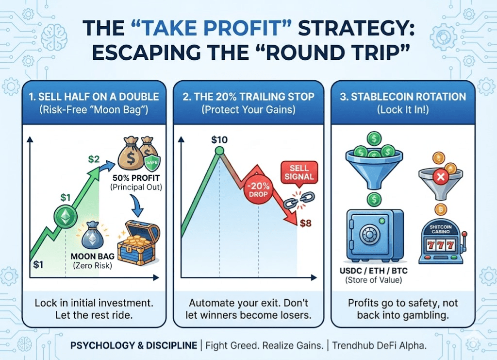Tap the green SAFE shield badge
[x=152, y=162]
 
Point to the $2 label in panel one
[x=94, y=159]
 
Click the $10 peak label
[x=219, y=139]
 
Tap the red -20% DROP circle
[x=258, y=189]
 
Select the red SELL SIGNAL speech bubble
[x=299, y=172]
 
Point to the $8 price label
[x=306, y=223]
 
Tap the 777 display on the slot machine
[x=441, y=245]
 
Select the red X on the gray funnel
[x=441, y=177]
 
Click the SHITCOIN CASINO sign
[x=441, y=229]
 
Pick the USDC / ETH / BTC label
[x=374, y=271]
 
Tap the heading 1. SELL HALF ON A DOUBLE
[x=94, y=96]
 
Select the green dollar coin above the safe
[x=374, y=200]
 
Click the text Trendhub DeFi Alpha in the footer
[x=379, y=345]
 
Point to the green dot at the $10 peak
[x=219, y=151]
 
